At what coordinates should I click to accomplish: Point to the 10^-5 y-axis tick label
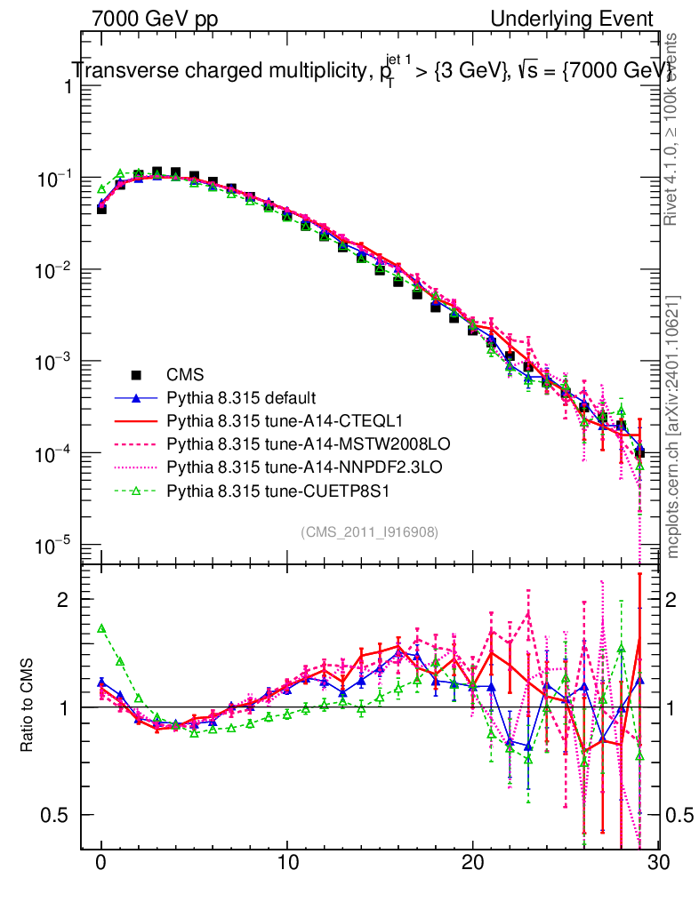click(x=52, y=546)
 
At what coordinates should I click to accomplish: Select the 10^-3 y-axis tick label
click(x=52, y=363)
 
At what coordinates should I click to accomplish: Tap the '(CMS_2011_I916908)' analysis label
click(x=369, y=531)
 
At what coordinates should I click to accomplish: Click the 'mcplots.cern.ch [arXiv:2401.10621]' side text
click(x=674, y=427)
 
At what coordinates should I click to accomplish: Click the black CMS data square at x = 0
click(x=101, y=208)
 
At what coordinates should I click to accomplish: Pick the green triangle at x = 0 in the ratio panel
click(x=101, y=628)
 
